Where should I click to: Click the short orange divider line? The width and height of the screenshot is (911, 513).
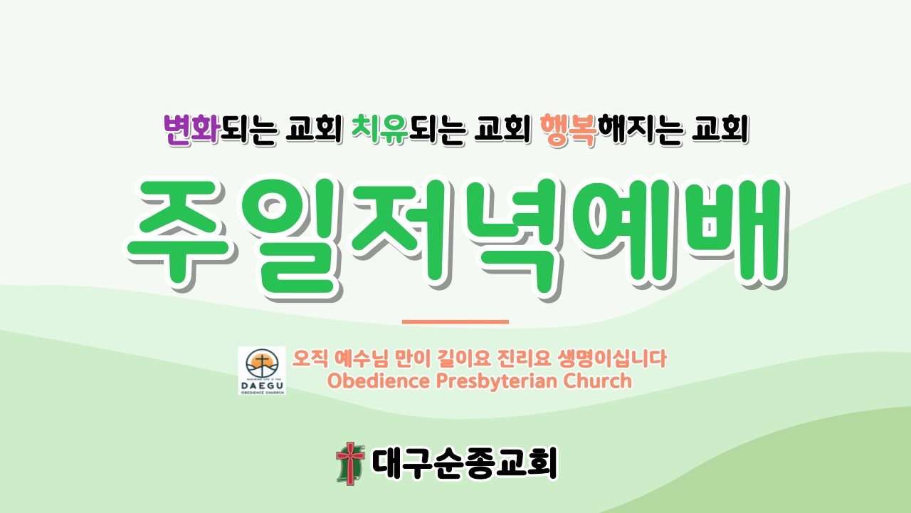tap(455, 322)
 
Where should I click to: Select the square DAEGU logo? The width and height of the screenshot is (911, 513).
tap(262, 370)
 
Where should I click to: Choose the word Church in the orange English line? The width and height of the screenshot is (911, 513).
tap(597, 380)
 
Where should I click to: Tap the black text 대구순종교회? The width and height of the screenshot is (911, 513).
tap(464, 463)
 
